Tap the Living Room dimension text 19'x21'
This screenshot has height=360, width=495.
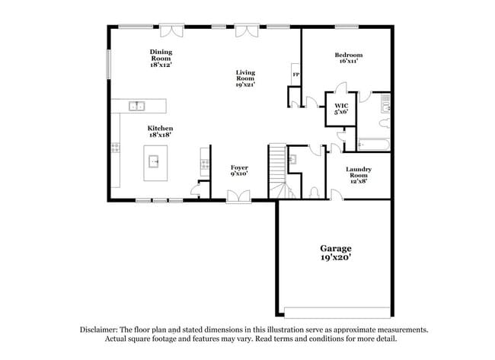pyautogui.click(x=245, y=84)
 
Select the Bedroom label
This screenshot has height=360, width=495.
pyautogui.click(x=348, y=55)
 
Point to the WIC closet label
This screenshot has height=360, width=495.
pyautogui.click(x=341, y=105)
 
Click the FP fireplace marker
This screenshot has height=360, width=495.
pyautogui.click(x=295, y=75)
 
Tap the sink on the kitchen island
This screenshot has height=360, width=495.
pyautogui.click(x=154, y=161)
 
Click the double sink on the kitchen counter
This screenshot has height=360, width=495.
pyautogui.click(x=137, y=106)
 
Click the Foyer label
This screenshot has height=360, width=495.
pyautogui.click(x=239, y=167)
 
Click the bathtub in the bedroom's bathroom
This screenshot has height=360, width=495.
pyautogui.click(x=373, y=142)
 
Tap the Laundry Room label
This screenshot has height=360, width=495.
pyautogui.click(x=358, y=172)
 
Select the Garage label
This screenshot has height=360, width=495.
pyautogui.click(x=335, y=248)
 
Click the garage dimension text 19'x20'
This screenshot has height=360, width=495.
pyautogui.click(x=335, y=258)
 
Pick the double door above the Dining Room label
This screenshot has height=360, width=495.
pyautogui.click(x=171, y=30)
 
